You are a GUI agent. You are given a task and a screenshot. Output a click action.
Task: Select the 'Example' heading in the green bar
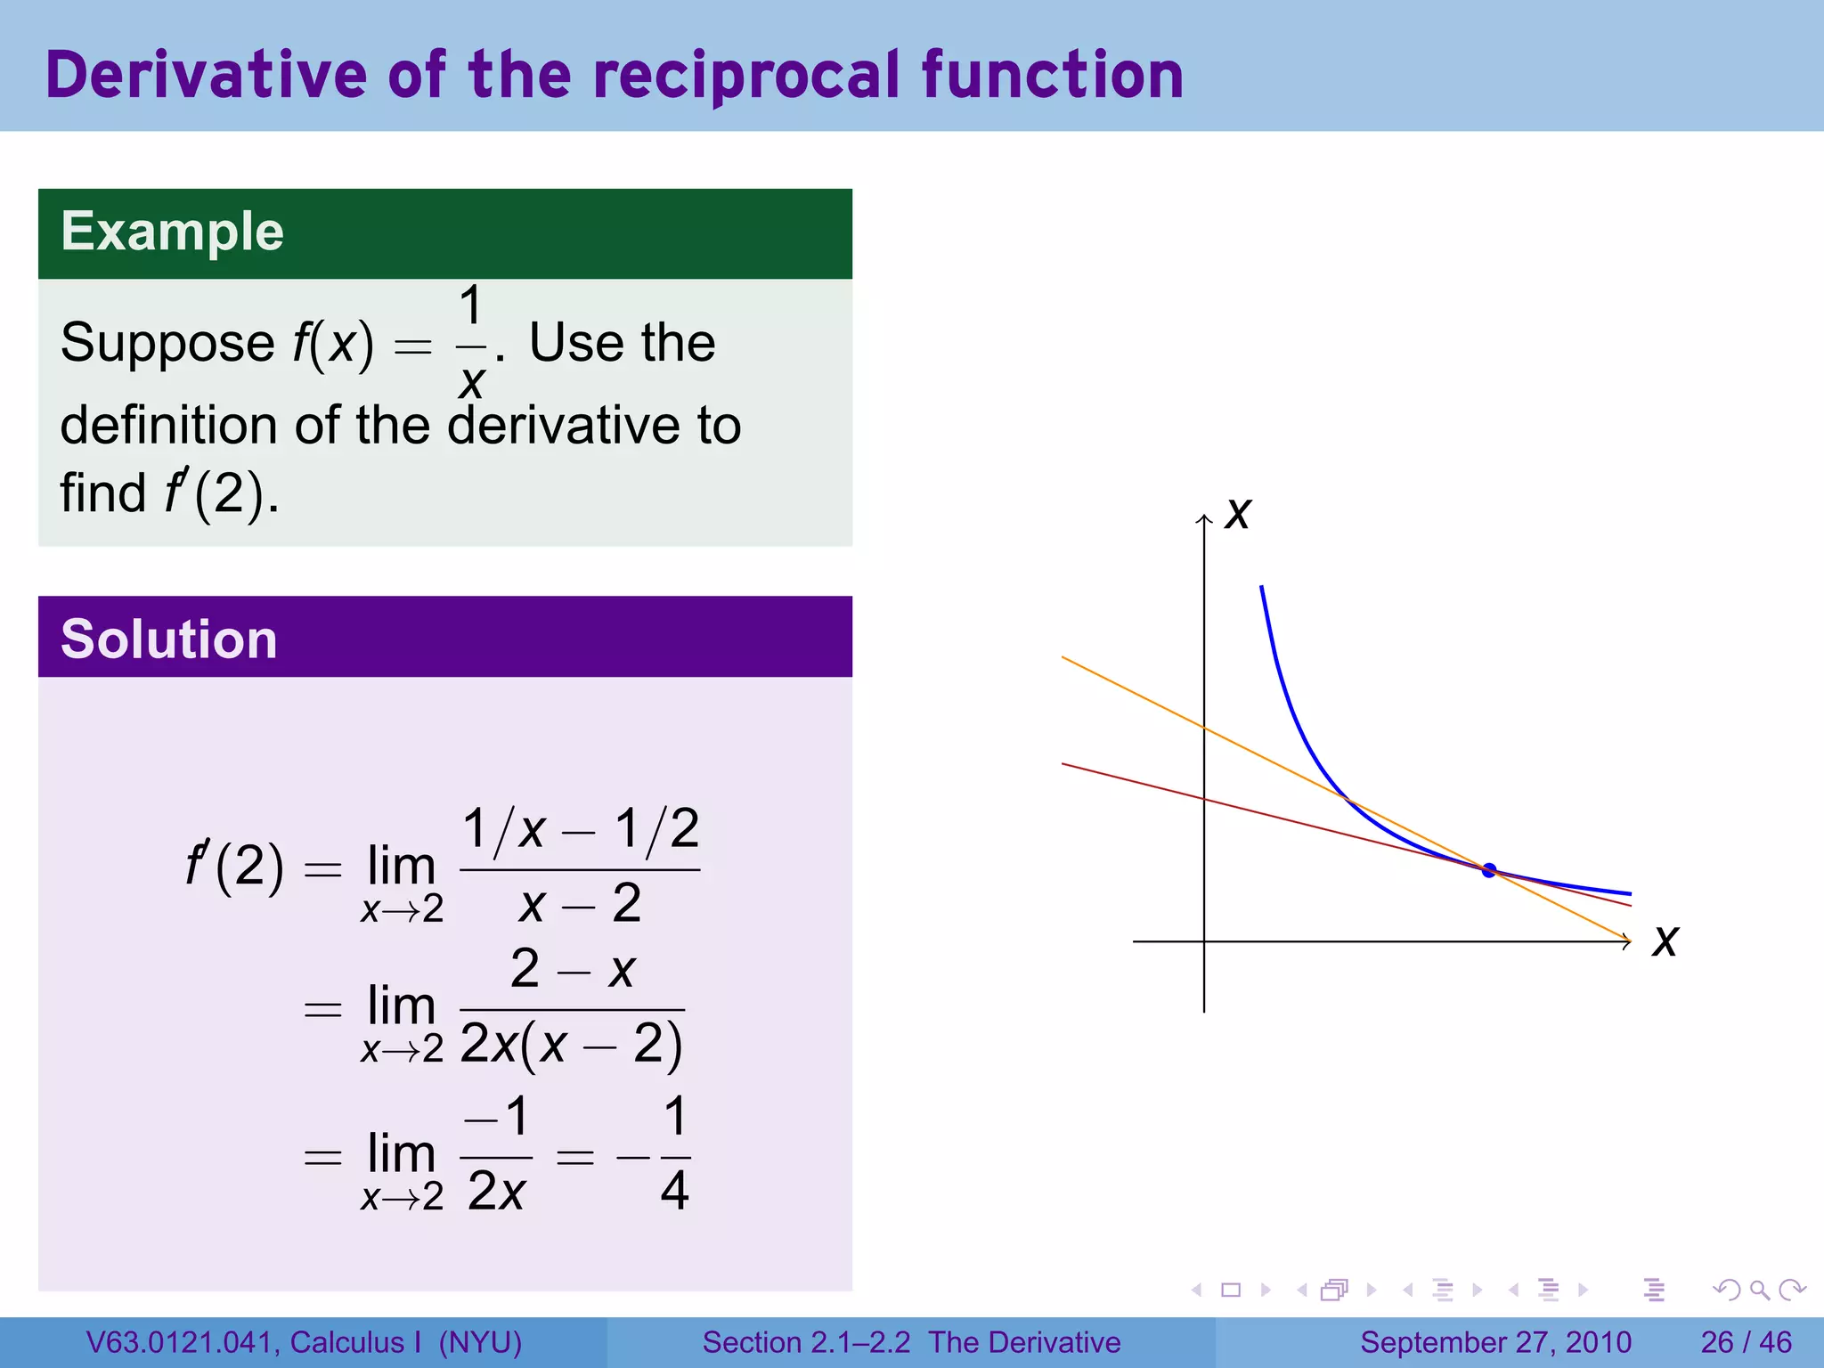tap(172, 232)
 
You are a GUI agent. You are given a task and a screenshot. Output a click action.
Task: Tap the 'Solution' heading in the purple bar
tap(169, 639)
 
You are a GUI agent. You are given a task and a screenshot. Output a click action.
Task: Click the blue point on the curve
tap(1488, 871)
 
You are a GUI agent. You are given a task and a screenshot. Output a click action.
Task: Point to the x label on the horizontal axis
tap(1665, 941)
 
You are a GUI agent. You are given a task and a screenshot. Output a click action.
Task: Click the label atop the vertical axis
tap(1237, 514)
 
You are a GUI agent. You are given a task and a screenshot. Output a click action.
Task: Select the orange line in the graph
tap(1131, 692)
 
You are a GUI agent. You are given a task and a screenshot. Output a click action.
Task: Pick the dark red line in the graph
tap(1131, 781)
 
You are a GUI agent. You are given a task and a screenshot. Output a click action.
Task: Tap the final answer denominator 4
tap(675, 1191)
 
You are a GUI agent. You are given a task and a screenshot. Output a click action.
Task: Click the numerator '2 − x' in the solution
tap(573, 970)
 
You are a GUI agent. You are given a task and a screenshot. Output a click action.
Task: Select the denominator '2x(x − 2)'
tap(572, 1045)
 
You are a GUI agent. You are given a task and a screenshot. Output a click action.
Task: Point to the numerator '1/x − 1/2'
tap(581, 829)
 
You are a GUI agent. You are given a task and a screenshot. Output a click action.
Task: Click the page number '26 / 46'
tap(1746, 1342)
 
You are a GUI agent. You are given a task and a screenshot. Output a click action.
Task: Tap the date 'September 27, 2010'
tap(1495, 1342)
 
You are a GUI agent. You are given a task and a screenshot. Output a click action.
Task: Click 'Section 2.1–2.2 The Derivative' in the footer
tap(911, 1342)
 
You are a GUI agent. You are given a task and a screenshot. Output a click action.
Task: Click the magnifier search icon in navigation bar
tap(1759, 1290)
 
